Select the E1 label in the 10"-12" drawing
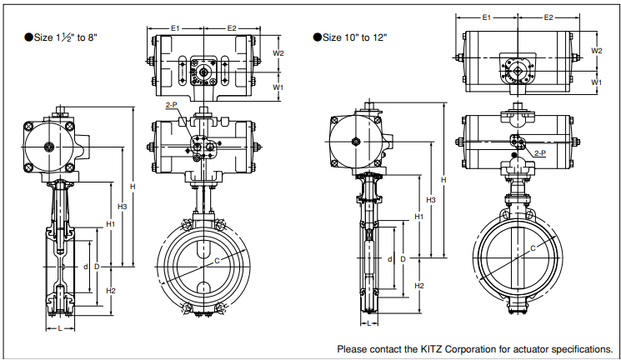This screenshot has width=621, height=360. point(488,17)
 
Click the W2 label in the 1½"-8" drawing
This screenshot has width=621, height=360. point(279,52)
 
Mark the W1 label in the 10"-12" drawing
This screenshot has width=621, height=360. point(597,82)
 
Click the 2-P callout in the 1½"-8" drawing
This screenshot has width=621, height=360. point(172,106)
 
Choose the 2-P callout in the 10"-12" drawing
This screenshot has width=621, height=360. point(538,153)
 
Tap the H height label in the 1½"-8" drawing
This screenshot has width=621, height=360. point(132,186)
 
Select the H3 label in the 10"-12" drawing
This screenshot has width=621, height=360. point(431,200)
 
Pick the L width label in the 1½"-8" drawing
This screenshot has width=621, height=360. point(60,328)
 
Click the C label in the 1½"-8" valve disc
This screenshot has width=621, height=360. point(217,261)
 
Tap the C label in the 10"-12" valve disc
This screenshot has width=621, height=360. point(533,248)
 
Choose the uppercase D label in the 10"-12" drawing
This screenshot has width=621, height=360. point(403,259)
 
